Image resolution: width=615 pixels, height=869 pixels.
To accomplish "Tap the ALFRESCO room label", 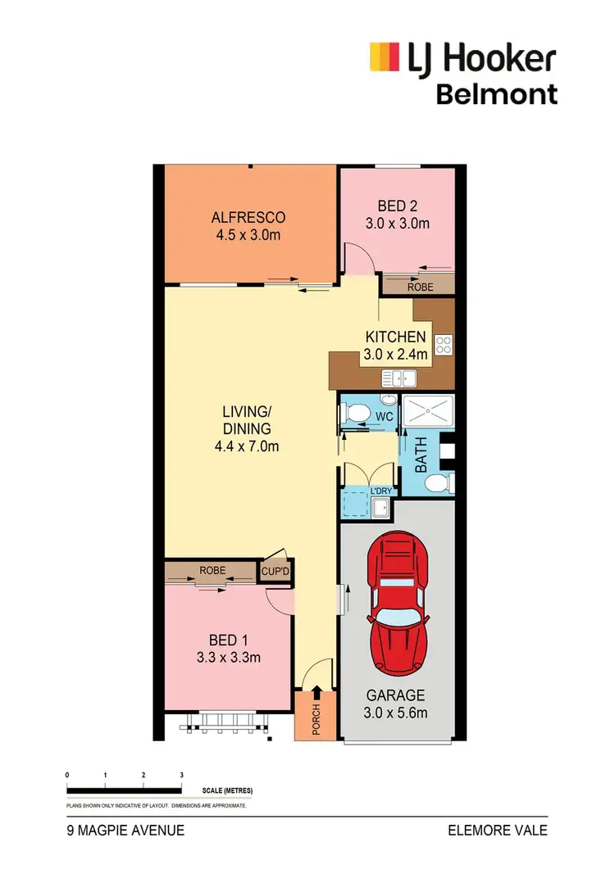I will [248, 217].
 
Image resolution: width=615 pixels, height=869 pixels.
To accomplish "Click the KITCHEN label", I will [395, 337].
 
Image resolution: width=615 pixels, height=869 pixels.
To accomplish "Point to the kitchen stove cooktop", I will [444, 345].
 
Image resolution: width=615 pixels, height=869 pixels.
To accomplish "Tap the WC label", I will [385, 416].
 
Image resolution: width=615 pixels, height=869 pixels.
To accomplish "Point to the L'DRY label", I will [382, 490].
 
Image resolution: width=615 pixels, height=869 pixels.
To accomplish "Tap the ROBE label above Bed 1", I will [212, 570].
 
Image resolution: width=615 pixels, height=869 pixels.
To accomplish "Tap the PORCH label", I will [316, 718].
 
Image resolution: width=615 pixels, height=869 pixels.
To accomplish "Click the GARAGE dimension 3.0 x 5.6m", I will [397, 713].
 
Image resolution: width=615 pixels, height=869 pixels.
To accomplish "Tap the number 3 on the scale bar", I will [180, 774].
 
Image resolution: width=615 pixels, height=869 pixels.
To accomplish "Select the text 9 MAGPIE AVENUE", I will [125, 831].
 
